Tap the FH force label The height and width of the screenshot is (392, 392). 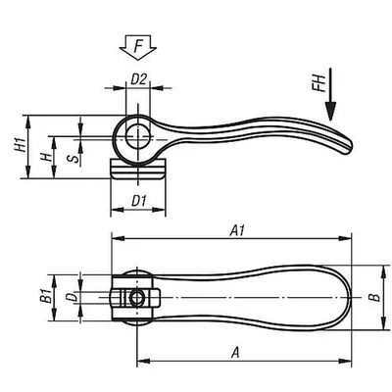318,83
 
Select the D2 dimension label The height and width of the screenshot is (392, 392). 138,79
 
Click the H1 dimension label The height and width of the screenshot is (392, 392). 21,145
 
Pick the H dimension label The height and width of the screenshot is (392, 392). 46,158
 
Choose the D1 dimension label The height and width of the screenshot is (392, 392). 138,201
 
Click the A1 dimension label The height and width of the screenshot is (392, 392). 237,230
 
